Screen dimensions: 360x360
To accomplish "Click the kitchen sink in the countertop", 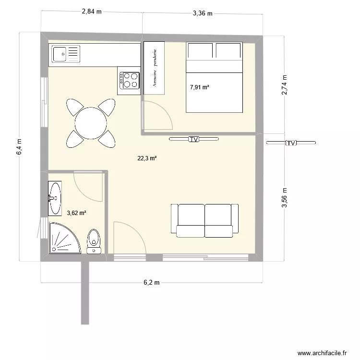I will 67,54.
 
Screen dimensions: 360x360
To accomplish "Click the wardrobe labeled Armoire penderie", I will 154,68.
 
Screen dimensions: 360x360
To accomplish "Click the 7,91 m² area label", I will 199,87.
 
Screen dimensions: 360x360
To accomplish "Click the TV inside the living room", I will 193,140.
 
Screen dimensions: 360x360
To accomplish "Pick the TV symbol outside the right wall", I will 291,143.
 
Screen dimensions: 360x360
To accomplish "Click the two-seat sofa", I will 205,220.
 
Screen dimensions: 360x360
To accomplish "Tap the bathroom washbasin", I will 55,198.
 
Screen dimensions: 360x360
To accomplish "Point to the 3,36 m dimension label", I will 202,13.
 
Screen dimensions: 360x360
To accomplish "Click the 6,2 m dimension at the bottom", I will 152,283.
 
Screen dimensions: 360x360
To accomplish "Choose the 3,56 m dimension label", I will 285,197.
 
